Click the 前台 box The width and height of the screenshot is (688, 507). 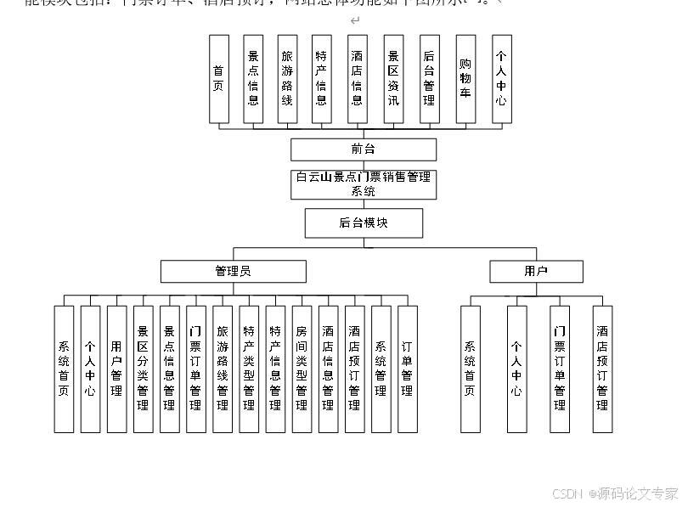[x=363, y=149]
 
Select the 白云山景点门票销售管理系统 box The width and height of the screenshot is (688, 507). [x=363, y=184]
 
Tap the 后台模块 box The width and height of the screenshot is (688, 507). [x=363, y=223]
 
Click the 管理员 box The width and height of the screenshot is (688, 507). [x=233, y=271]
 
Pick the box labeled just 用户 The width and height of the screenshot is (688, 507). [x=536, y=271]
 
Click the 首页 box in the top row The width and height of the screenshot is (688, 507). [x=219, y=79]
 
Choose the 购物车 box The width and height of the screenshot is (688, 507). [x=465, y=79]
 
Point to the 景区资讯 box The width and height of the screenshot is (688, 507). [x=392, y=79]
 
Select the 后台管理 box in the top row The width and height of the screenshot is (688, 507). [x=429, y=79]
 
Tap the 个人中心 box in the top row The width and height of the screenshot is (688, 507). [x=501, y=79]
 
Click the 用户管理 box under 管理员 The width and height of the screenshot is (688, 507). [x=116, y=369]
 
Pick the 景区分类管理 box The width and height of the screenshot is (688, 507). [x=143, y=369]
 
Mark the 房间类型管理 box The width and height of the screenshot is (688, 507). [x=302, y=369]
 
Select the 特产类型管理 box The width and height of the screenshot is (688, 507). [x=249, y=369]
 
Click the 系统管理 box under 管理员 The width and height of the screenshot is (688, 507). [x=381, y=369]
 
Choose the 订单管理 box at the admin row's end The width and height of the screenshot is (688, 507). [x=407, y=369]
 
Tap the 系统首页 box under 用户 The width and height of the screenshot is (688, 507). [x=471, y=369]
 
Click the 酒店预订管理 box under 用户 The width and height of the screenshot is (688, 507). [x=602, y=369]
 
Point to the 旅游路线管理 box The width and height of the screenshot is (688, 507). [x=223, y=369]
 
